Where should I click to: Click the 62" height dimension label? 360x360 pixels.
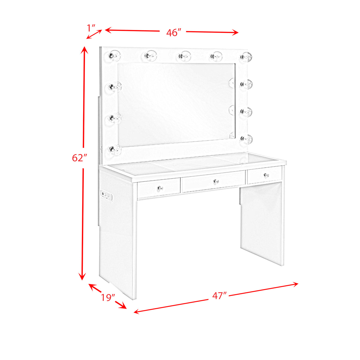(x=79, y=158)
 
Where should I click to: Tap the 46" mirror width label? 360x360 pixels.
(x=174, y=33)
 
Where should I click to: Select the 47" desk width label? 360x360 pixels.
(x=219, y=295)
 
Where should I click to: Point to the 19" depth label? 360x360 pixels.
(x=108, y=297)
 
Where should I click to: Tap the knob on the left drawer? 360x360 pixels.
(x=160, y=188)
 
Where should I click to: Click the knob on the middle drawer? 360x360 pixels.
(x=216, y=181)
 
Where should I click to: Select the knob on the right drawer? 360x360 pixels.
(x=266, y=175)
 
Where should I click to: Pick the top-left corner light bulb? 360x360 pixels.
(x=115, y=56)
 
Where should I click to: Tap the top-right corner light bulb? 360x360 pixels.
(x=246, y=57)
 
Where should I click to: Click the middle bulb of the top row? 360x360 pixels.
(x=184, y=56)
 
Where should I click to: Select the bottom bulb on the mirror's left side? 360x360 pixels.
(x=115, y=150)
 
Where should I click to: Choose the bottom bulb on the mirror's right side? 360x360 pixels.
(x=246, y=139)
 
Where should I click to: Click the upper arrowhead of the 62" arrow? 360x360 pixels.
(x=84, y=50)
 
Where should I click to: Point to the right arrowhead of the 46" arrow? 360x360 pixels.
(x=235, y=32)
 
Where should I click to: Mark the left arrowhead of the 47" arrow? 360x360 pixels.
(x=137, y=311)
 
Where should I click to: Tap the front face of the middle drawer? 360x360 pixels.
(x=214, y=181)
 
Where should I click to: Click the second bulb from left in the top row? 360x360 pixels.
(x=151, y=56)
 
